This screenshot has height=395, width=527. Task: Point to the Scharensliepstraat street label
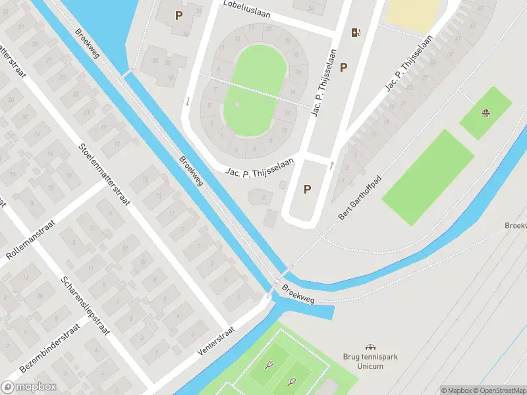(85, 305)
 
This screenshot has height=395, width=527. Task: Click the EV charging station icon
(356, 33)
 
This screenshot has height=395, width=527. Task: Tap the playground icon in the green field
(486, 113)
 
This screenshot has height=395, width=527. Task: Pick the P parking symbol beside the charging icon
(343, 67)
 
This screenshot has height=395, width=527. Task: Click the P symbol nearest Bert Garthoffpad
(307, 190)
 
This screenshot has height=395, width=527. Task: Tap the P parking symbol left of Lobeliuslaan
(179, 14)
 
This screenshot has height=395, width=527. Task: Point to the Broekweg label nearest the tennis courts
(298, 294)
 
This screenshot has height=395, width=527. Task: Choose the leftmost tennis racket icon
(269, 364)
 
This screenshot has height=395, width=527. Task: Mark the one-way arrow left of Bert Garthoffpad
(331, 165)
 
